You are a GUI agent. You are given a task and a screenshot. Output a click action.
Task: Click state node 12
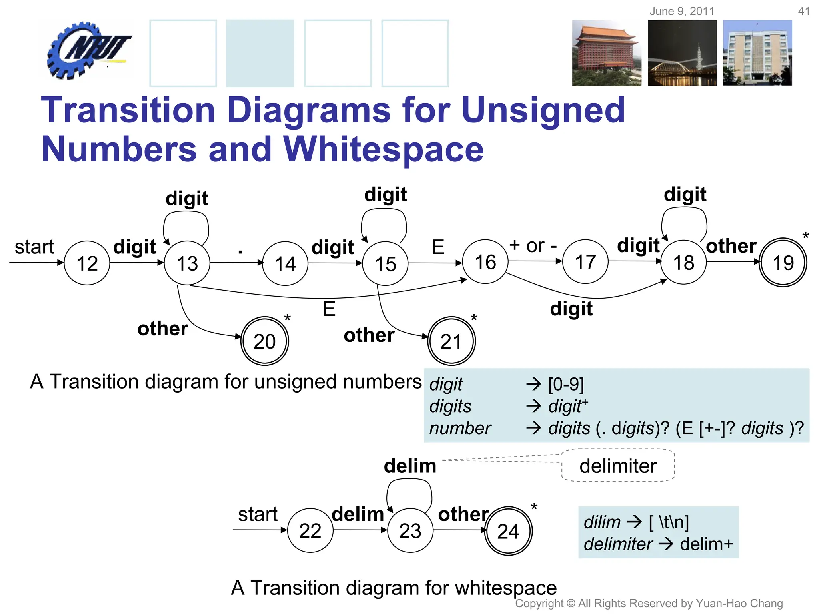(87, 263)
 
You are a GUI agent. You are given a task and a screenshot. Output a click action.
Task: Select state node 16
(485, 262)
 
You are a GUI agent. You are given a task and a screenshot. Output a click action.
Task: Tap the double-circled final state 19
(783, 262)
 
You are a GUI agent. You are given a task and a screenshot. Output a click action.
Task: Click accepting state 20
(264, 341)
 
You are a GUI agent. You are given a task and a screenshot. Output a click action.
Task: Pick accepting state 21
(451, 341)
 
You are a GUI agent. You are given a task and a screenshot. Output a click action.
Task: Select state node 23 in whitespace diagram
(410, 530)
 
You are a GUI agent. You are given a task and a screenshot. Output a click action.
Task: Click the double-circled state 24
(508, 531)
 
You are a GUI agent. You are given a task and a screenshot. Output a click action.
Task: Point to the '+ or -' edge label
(533, 245)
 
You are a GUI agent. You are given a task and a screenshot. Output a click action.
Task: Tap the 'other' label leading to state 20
(162, 329)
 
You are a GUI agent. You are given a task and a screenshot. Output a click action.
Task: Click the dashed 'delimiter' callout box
(618, 466)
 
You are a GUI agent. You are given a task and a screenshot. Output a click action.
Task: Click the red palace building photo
(606, 53)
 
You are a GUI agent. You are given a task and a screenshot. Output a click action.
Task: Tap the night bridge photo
(682, 53)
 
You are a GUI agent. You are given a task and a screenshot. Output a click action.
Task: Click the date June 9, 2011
(681, 11)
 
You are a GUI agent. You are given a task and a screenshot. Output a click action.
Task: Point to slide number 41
(803, 11)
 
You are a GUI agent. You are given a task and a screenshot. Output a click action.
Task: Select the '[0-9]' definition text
(566, 384)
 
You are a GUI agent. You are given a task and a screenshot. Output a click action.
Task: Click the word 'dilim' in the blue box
(602, 522)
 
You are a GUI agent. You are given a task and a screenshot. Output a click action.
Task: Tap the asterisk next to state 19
(805, 236)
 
